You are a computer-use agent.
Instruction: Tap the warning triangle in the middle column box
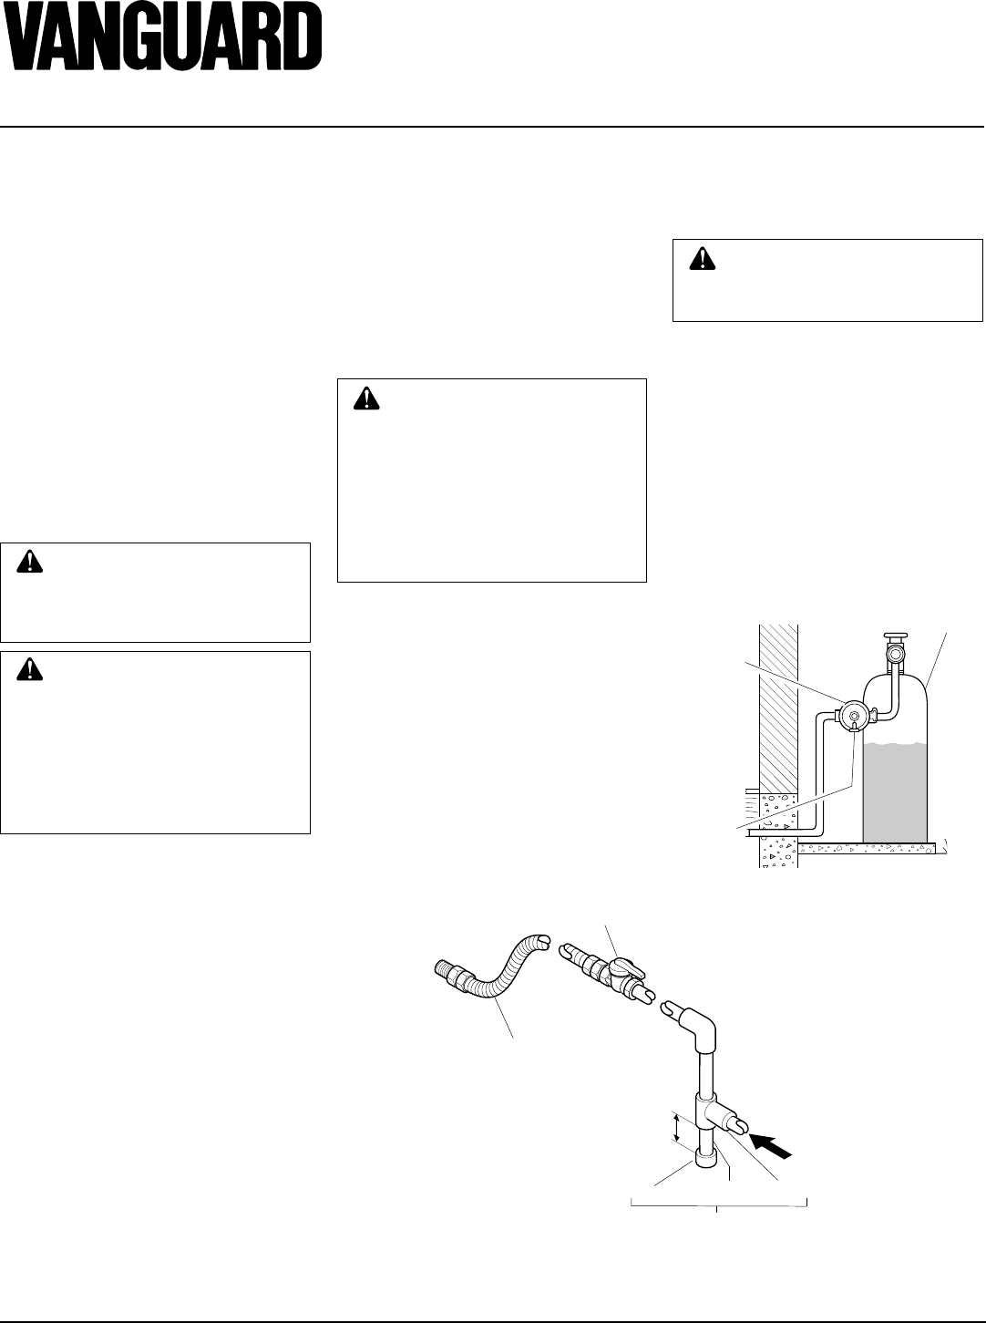366,398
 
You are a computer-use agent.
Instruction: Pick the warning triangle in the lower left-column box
30,669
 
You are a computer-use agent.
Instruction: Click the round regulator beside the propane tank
854,716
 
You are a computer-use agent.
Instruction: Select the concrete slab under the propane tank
866,848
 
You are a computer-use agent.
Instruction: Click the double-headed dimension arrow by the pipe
675,1128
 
